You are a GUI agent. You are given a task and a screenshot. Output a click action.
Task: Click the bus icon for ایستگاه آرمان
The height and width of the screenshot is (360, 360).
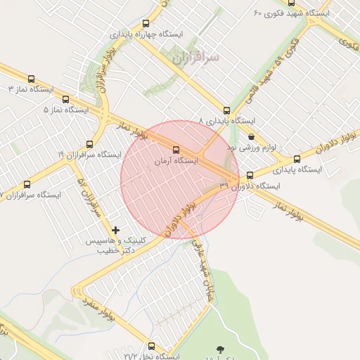pyautogui.click(x=176, y=150)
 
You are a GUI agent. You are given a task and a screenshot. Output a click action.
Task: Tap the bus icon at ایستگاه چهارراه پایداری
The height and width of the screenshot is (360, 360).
pyautogui.click(x=146, y=23)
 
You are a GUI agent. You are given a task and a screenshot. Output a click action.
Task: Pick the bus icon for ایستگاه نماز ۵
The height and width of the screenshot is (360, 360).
pyautogui.click(x=65, y=100)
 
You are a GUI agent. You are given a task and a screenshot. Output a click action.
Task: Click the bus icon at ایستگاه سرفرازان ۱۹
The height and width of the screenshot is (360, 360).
pyautogui.click(x=89, y=143)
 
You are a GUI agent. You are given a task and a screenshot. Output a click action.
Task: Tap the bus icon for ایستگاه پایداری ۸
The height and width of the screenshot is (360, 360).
pyautogui.click(x=226, y=110)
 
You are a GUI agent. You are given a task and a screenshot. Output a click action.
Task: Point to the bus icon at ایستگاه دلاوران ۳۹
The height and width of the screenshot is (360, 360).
pyautogui.click(x=250, y=175)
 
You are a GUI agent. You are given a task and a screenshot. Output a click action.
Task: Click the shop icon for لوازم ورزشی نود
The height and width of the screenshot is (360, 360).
pyautogui.click(x=251, y=137)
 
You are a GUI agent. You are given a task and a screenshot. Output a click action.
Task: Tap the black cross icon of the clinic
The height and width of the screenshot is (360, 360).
pyautogui.click(x=116, y=230)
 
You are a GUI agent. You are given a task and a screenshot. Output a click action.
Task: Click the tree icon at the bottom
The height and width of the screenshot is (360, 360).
pyautogui.click(x=222, y=349)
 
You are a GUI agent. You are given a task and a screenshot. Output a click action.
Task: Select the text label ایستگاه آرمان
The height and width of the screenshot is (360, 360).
pyautogui.click(x=176, y=160)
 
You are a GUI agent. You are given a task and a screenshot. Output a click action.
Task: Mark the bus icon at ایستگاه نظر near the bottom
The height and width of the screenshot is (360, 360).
pyautogui.click(x=150, y=345)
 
